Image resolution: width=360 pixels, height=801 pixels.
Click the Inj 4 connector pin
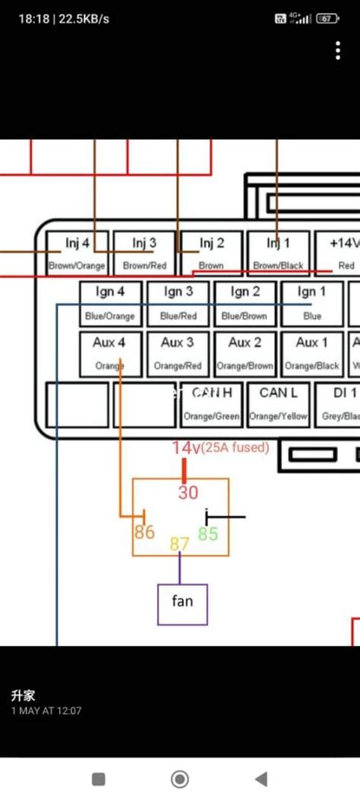click(77, 253)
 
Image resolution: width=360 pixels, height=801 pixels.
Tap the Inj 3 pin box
click(144, 253)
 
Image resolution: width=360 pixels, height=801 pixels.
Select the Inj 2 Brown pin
click(210, 253)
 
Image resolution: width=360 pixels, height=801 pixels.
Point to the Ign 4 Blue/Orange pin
click(111, 303)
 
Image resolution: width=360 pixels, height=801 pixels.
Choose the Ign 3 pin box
click(178, 303)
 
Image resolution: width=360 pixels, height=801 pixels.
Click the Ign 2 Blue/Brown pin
click(245, 303)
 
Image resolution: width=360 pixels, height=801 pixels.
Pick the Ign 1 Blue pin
click(311, 303)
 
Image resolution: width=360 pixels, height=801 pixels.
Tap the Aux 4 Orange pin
click(111, 354)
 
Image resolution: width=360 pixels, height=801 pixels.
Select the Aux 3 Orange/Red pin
click(178, 354)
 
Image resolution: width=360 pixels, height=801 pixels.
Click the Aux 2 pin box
click(245, 354)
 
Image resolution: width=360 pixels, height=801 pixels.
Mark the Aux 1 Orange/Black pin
click(311, 354)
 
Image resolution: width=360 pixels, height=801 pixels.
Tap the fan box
click(182, 603)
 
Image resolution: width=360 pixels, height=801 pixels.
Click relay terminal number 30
click(188, 492)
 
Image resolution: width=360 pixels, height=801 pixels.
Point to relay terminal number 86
click(144, 532)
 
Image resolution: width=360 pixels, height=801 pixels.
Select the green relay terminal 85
click(208, 534)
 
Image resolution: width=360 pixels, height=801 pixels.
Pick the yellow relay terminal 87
click(179, 544)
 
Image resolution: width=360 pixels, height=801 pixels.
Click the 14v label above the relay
click(185, 448)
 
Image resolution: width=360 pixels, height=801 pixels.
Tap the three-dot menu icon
click(338, 51)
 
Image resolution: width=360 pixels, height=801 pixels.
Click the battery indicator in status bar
click(327, 18)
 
